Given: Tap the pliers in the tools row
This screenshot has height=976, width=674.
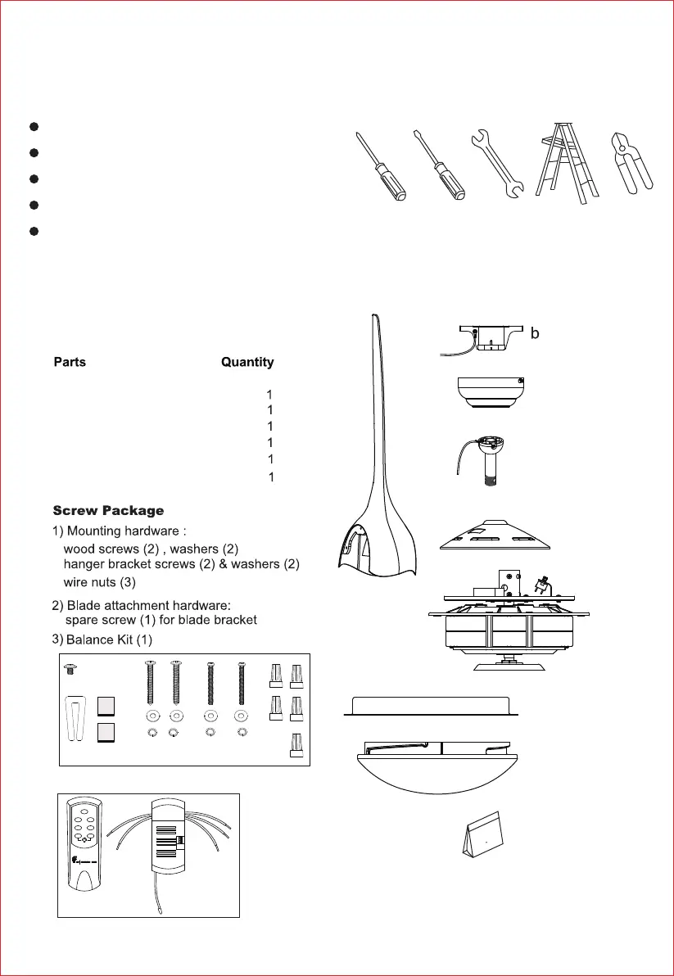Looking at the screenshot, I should click(x=631, y=162).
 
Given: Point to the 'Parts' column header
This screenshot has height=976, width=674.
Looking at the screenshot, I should click(x=70, y=362).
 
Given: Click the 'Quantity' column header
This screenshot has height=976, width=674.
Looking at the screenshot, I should click(x=247, y=362).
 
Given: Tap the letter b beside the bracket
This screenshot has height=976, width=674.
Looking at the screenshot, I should click(x=536, y=334).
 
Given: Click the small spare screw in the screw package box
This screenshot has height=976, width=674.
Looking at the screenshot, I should click(x=70, y=669).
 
